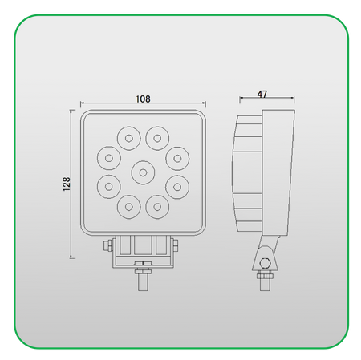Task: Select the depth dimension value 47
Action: pyautogui.click(x=262, y=94)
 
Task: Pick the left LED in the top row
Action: pyautogui.click(x=127, y=137)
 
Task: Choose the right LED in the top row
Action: pyautogui.click(x=157, y=137)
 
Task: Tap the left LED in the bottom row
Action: pyautogui.click(x=127, y=207)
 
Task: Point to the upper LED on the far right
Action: pyautogui.click(x=176, y=156)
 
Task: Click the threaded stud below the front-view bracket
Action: pyautogui.click(x=142, y=276)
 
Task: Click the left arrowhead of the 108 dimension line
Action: pyautogui.click(x=82, y=103)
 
